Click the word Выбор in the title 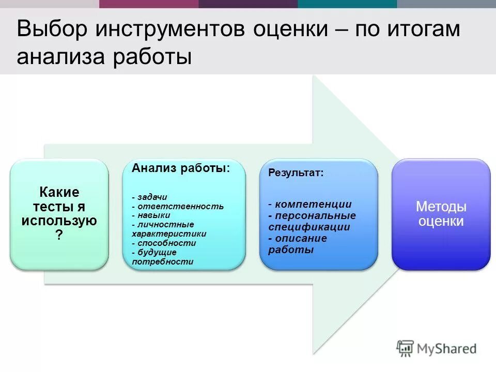point(51,29)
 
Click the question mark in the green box point(59,235)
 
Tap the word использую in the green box point(59,221)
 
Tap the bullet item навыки point(153,215)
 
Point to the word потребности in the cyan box point(162,261)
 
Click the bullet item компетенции point(313,204)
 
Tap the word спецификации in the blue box point(309,227)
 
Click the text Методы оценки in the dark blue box point(441,214)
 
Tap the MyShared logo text point(447,349)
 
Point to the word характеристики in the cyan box point(169,234)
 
